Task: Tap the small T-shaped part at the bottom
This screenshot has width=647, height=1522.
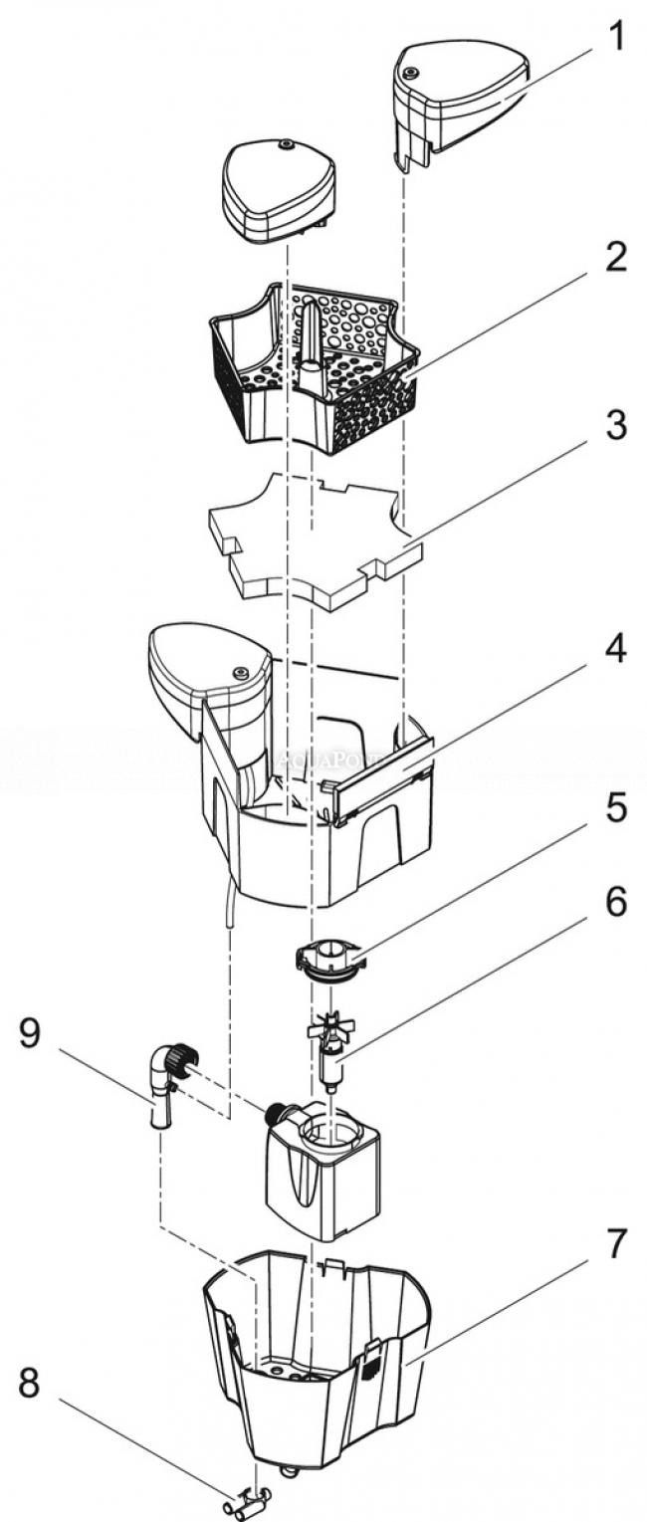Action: tap(249, 1496)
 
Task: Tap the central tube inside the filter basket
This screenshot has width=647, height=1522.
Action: tap(311, 338)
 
